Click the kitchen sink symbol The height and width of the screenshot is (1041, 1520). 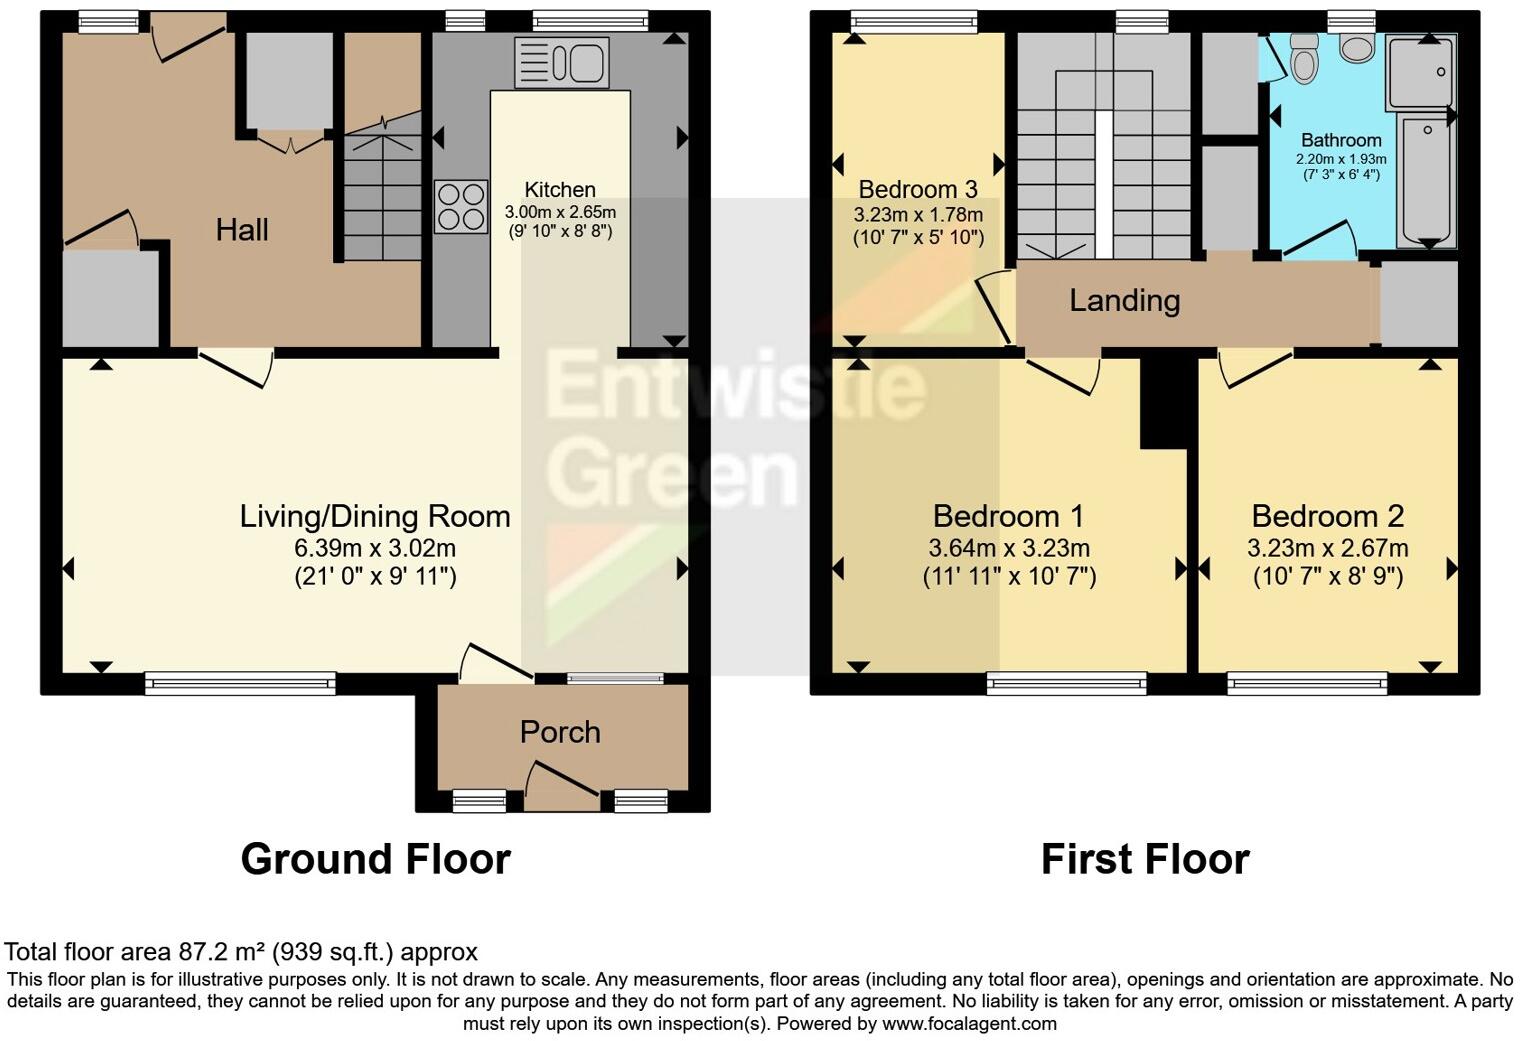(561, 62)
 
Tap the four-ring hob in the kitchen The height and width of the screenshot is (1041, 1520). (461, 206)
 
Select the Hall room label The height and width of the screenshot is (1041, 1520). (242, 231)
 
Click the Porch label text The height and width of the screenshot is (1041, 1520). (560, 732)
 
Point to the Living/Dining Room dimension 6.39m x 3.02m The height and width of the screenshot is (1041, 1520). (375, 548)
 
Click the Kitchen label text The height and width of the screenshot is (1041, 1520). (560, 190)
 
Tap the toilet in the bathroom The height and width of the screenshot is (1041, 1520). (1304, 59)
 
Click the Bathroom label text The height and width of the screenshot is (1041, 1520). (1341, 141)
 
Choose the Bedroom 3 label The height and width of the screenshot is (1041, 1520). (918, 190)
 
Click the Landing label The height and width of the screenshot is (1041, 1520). (1124, 300)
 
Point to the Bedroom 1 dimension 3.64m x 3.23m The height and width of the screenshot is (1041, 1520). (1009, 548)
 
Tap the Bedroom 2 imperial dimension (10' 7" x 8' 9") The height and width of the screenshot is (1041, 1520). (1328, 577)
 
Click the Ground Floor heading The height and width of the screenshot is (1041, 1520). (375, 859)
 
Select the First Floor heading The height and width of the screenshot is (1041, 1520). (1145, 859)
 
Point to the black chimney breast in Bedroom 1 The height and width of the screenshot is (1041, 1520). (1164, 402)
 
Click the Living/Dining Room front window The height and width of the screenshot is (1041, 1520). (240, 683)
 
